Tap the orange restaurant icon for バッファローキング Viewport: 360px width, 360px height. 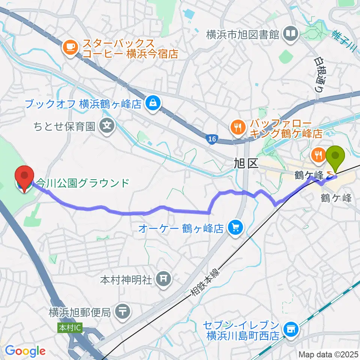point(237,127)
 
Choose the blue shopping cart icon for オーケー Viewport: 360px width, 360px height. point(235,227)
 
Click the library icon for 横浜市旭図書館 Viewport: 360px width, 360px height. point(291,34)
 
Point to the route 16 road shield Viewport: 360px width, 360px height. point(212,139)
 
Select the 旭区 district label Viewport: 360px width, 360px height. point(246,163)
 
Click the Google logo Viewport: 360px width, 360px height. point(25,351)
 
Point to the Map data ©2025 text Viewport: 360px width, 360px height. point(328,354)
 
